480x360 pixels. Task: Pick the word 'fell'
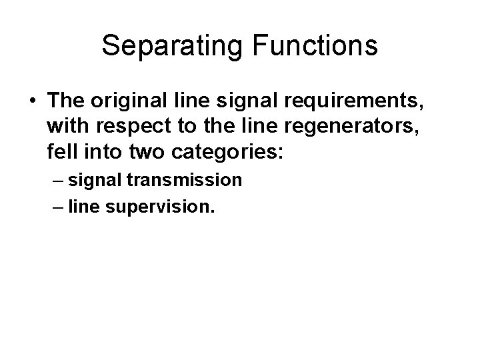(61, 152)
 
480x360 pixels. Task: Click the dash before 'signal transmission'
(56, 180)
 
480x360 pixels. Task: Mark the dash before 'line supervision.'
(56, 207)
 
